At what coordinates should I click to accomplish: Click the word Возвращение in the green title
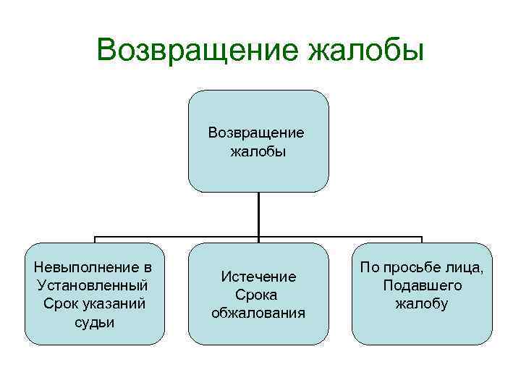pyautogui.click(x=197, y=51)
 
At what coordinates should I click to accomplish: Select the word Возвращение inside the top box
pyautogui.click(x=256, y=133)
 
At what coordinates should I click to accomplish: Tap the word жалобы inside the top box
pyautogui.click(x=258, y=152)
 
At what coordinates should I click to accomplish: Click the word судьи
pyautogui.click(x=94, y=321)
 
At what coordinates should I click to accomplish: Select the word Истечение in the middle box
pyautogui.click(x=258, y=277)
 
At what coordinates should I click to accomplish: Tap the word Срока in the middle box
pyautogui.click(x=258, y=295)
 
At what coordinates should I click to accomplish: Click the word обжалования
pyautogui.click(x=258, y=313)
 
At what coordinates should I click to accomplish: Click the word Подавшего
pyautogui.click(x=423, y=285)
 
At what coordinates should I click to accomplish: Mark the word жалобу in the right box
pyautogui.click(x=422, y=304)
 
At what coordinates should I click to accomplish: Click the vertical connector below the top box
pyautogui.click(x=258, y=214)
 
